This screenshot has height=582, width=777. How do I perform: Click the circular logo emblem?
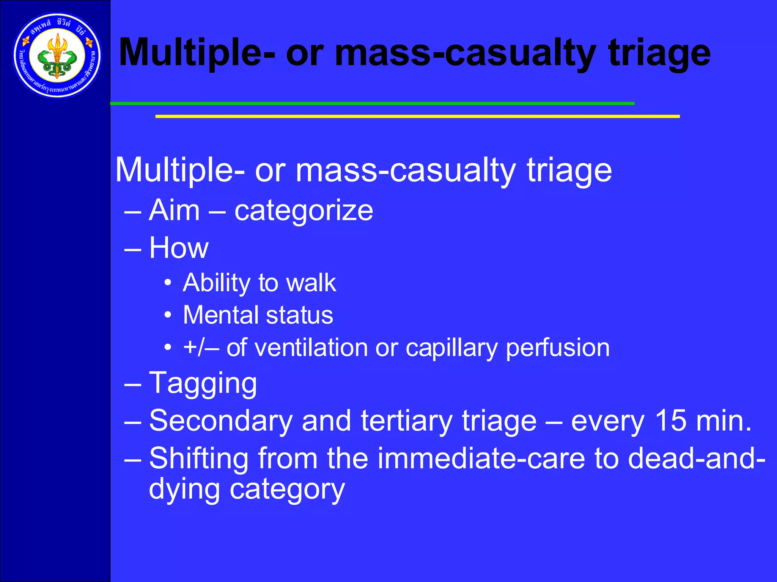pos(57,56)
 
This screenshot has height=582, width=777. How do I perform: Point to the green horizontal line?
pos(372,103)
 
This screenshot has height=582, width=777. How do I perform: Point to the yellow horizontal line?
pos(417,116)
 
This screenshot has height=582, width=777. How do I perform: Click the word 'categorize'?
pos(304,211)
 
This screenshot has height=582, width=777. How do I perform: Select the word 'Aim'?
pos(174,210)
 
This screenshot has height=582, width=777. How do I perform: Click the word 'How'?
pos(179,248)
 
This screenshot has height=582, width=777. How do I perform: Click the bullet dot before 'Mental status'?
pos(168,315)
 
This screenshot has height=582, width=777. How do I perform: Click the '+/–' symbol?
pos(200,347)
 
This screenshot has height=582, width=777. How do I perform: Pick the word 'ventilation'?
pos(311,347)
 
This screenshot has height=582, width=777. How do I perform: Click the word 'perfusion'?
pos(558,348)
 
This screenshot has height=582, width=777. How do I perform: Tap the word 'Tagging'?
pos(203,383)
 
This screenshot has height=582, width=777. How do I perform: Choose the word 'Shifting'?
pos(198,458)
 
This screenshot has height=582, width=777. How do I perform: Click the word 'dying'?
pos(184,490)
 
